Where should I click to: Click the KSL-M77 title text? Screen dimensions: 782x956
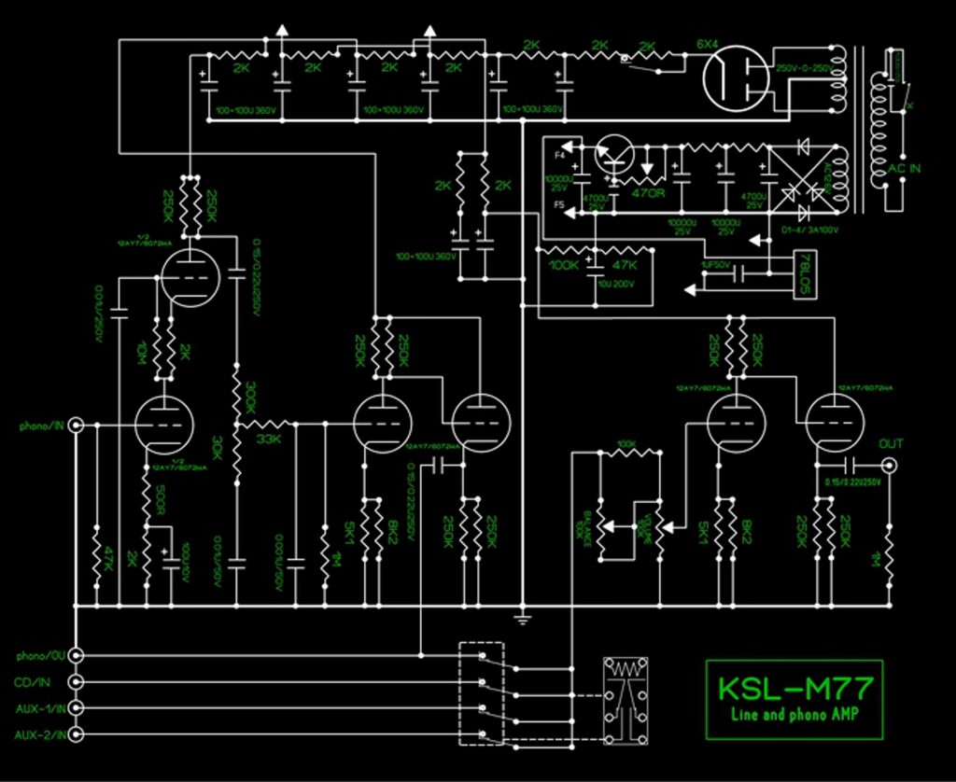tap(794, 689)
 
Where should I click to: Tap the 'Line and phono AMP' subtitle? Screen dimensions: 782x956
tap(794, 714)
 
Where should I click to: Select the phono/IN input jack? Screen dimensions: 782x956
tap(77, 426)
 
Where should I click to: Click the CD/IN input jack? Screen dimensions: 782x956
tap(77, 682)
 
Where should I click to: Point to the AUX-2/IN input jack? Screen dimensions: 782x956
tap(77, 735)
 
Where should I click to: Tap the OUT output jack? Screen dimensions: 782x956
tap(892, 464)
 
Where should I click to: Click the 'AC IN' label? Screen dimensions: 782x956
tap(904, 168)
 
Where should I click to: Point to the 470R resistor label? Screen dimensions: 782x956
tap(648, 193)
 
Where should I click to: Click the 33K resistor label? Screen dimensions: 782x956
tap(268, 440)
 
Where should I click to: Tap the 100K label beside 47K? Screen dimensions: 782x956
tap(565, 265)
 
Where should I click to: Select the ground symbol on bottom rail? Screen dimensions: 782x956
tap(523, 617)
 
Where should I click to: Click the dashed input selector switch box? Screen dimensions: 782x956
tap(482, 694)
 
